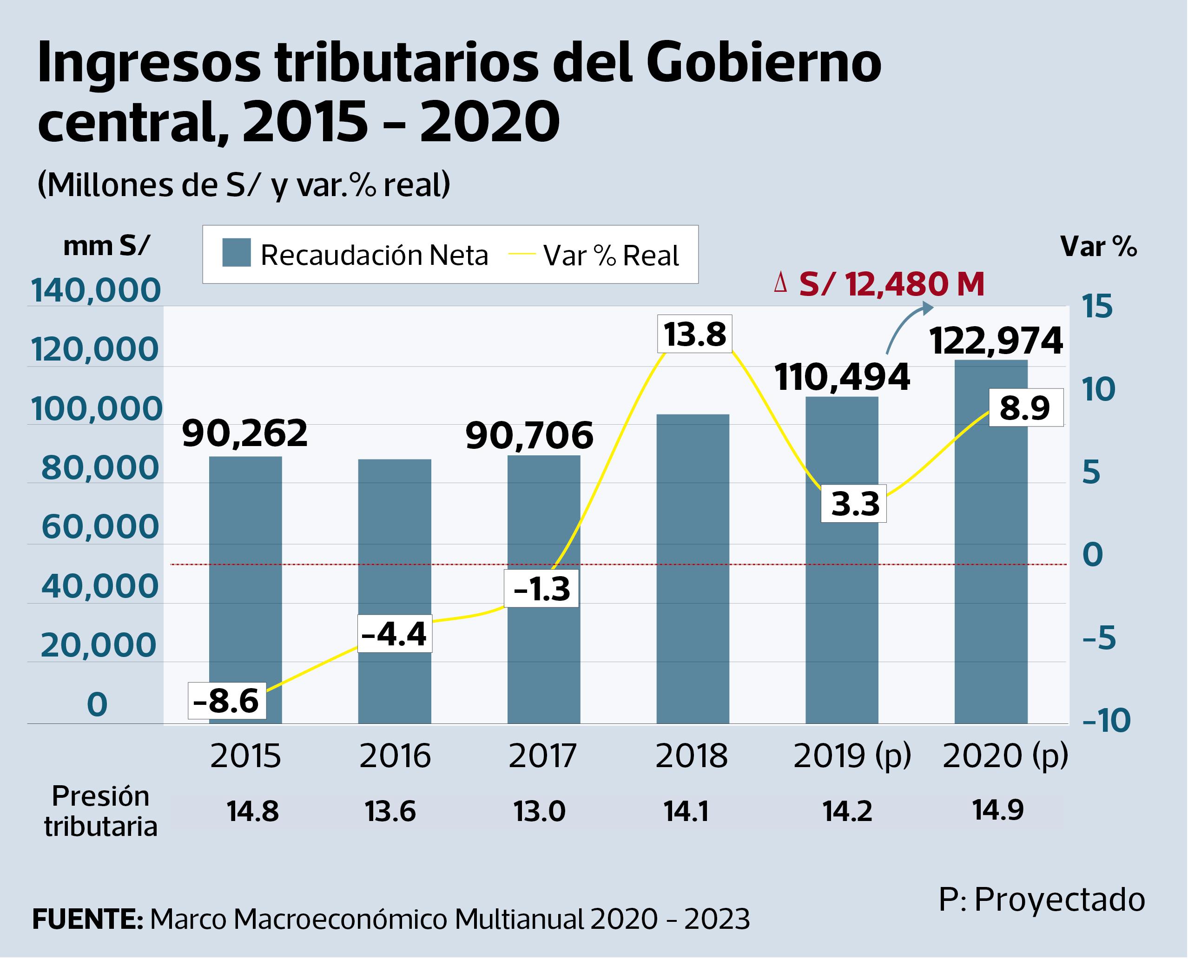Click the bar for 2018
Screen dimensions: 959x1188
(693, 569)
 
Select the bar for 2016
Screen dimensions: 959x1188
(395, 591)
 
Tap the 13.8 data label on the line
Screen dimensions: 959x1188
(694, 334)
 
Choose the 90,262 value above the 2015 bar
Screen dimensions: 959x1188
(245, 433)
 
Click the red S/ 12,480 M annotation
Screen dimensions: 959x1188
(891, 284)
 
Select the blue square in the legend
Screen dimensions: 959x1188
(237, 253)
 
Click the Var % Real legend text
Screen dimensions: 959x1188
(611, 255)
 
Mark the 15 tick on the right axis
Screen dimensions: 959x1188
(1097, 307)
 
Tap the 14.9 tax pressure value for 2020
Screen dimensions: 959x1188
(998, 810)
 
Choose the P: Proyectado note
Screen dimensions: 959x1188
(1042, 899)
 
